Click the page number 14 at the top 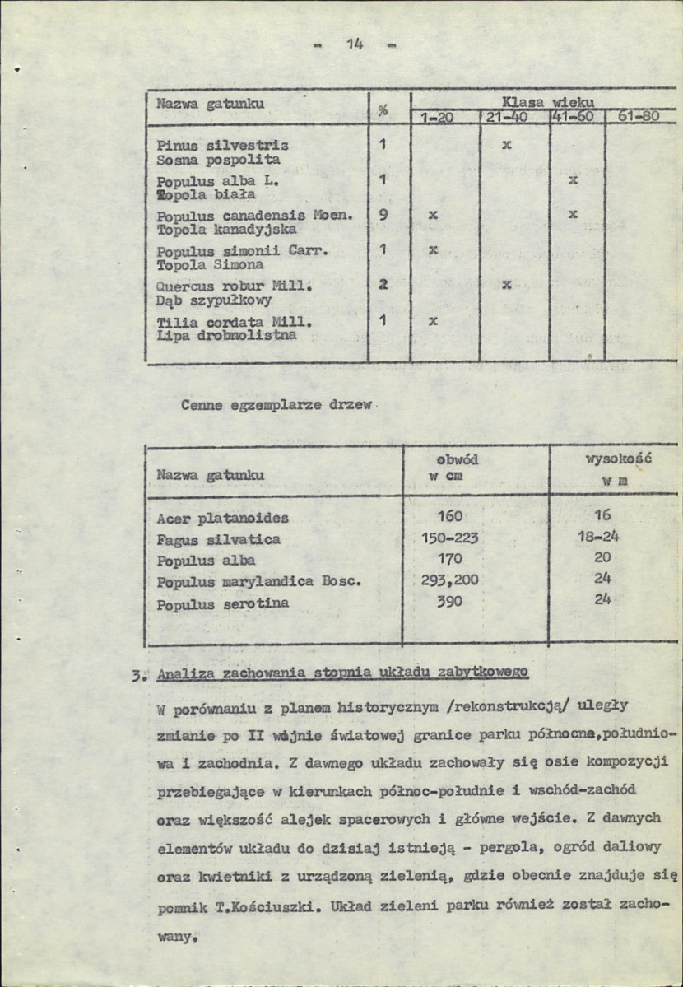[x=355, y=45]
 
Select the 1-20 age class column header [x=437, y=118]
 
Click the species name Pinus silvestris [x=222, y=145]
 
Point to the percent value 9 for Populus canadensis [x=383, y=214]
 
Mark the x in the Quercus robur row [x=507, y=285]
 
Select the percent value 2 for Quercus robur [x=383, y=285]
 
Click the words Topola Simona [x=210, y=265]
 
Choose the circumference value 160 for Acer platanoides [x=450, y=517]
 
